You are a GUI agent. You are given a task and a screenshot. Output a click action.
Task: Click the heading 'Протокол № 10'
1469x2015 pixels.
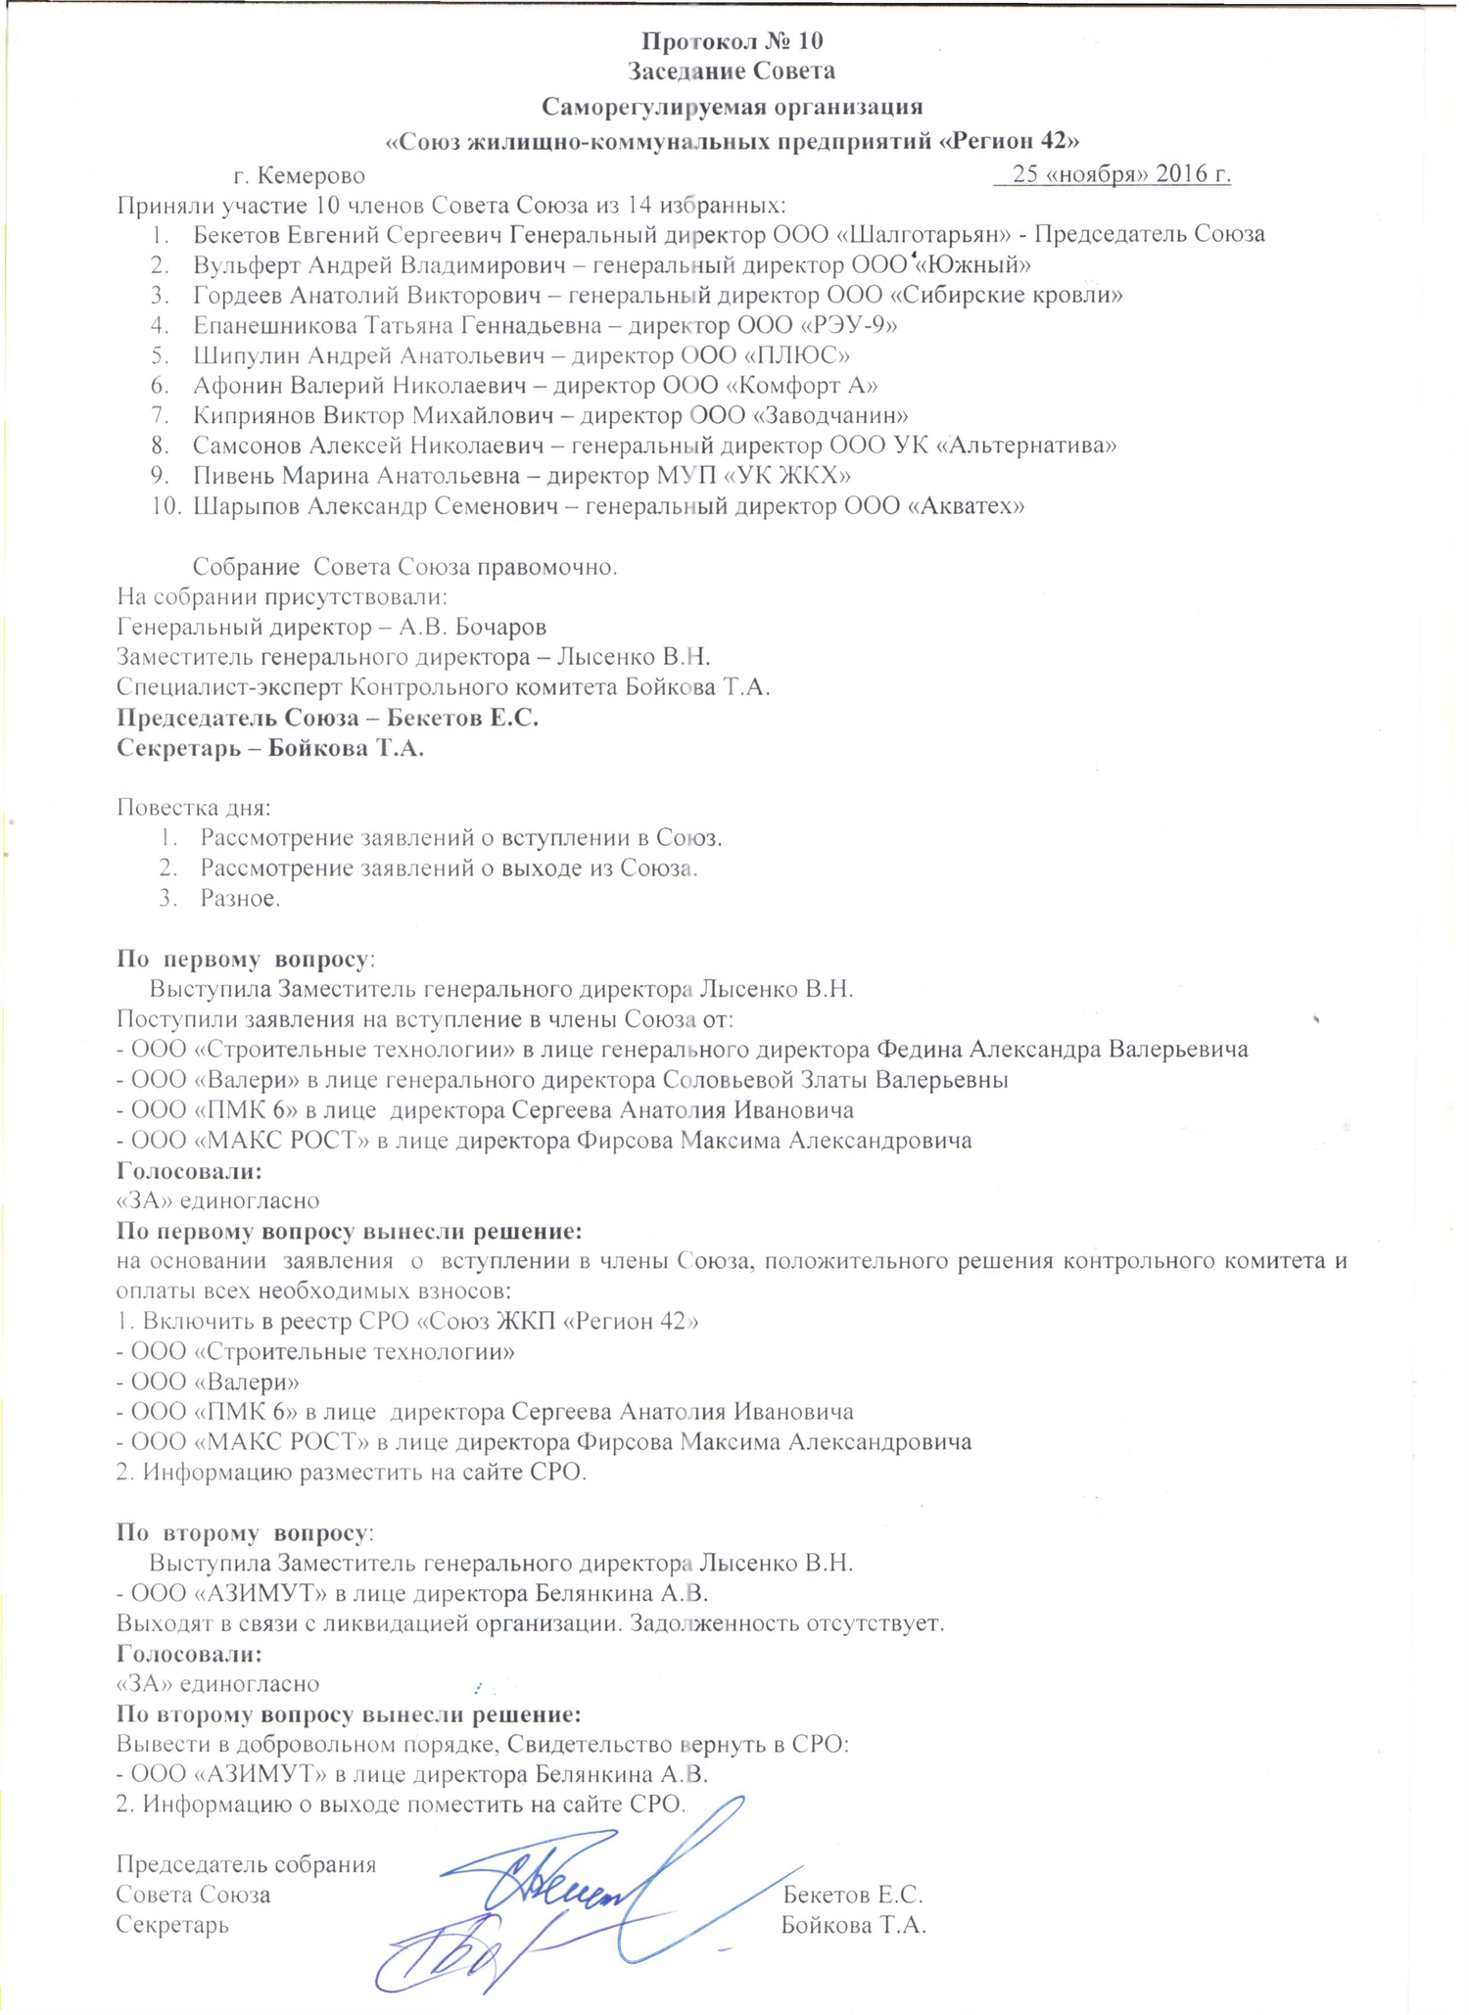point(732,41)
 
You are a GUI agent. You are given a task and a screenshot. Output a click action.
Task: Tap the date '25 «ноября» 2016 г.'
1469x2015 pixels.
point(1120,175)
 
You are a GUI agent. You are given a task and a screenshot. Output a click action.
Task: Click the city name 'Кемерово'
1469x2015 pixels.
point(311,176)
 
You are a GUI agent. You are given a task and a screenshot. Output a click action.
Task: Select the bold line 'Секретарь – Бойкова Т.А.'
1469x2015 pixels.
point(270,748)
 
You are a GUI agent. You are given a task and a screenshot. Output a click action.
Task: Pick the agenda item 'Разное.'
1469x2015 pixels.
point(240,898)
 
